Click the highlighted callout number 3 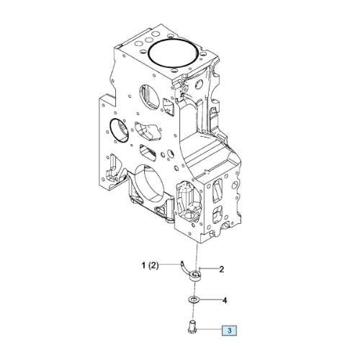click(229, 330)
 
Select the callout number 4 click(225, 300)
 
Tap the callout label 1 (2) click(150, 266)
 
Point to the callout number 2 click(222, 269)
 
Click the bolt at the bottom click(192, 326)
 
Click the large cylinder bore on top click(174, 53)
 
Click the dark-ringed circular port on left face click(119, 130)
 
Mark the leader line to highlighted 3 click(208, 330)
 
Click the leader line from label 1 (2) click(170, 264)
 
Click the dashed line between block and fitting click(197, 257)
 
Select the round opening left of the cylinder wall click(149, 96)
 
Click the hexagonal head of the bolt click(192, 331)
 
